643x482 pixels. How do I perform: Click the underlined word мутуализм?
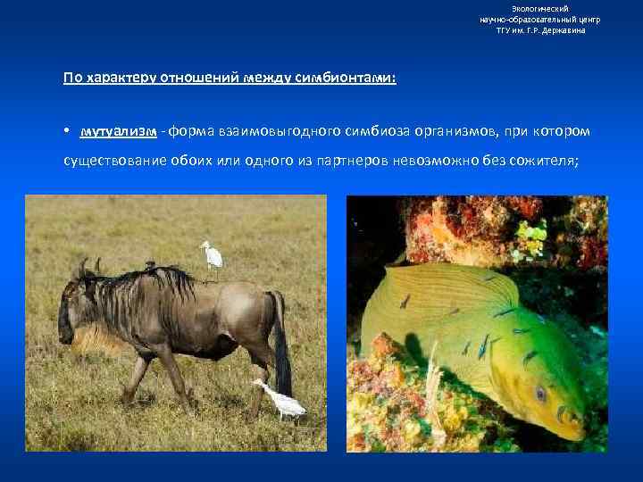(x=118, y=132)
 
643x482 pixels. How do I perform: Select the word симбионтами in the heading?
(x=352, y=78)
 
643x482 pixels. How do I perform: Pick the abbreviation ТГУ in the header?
(x=506, y=30)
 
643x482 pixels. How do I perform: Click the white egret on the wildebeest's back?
(x=213, y=255)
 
